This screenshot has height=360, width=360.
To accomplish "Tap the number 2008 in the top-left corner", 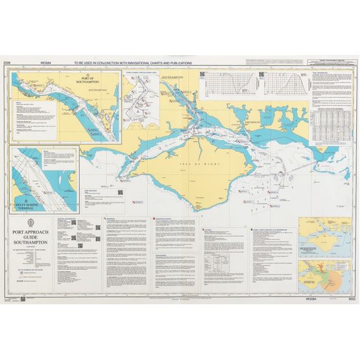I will [6, 63].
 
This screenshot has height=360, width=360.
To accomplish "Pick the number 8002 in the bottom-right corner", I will [352, 298].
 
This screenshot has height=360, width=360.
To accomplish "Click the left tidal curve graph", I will [232, 84].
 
